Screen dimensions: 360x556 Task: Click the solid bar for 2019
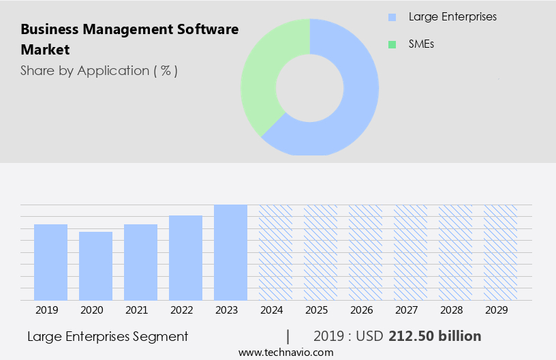pyautogui.click(x=50, y=262)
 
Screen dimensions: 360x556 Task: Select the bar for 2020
pyautogui.click(x=95, y=266)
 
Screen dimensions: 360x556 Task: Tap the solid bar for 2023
pyautogui.click(x=230, y=252)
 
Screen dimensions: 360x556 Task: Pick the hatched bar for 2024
pyautogui.click(x=275, y=252)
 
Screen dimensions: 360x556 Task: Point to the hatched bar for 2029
pyautogui.click(x=500, y=252)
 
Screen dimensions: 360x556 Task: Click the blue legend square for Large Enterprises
pyautogui.click(x=392, y=17)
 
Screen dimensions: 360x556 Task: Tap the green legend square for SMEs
pyautogui.click(x=392, y=44)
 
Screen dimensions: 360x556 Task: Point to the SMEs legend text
pyautogui.click(x=422, y=44)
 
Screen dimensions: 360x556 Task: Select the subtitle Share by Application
pyautogui.click(x=99, y=71)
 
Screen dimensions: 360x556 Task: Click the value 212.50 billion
pyautogui.click(x=435, y=336)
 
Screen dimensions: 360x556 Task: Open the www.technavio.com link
pyautogui.click(x=285, y=352)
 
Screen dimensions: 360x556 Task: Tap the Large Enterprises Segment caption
pyautogui.click(x=108, y=336)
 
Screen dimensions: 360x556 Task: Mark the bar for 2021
pyautogui.click(x=140, y=262)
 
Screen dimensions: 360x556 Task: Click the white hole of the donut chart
pyautogui.click(x=310, y=87)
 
